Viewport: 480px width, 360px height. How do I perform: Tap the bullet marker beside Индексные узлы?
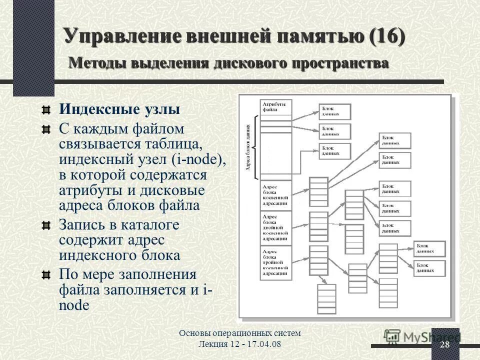coord(46,109)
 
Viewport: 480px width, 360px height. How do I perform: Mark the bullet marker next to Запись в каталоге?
coord(46,224)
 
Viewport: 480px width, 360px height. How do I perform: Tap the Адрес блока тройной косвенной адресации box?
coord(275,262)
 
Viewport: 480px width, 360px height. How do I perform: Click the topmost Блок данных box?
coord(334,111)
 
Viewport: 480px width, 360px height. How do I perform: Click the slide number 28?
coord(444,345)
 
